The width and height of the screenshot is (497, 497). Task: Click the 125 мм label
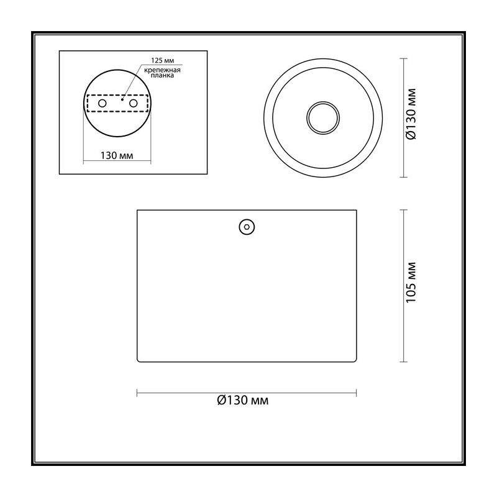[162, 60]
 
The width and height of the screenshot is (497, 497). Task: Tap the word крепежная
[162, 70]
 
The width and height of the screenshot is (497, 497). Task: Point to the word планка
[162, 76]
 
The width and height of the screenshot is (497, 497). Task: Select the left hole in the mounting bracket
[103, 103]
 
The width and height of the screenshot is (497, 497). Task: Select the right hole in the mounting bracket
[134, 103]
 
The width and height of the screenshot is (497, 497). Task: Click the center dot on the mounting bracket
[122, 99]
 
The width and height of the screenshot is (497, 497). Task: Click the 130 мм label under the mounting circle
[117, 156]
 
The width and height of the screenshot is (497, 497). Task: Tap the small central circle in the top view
[323, 117]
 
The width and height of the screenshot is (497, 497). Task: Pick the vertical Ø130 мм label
[411, 114]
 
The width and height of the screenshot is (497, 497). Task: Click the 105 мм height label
[411, 283]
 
